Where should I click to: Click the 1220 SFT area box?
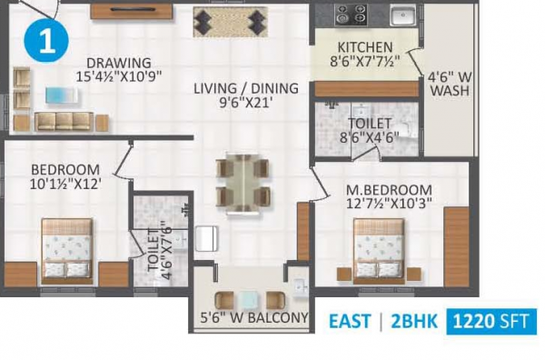[x=491, y=322]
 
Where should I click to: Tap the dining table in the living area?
[x=243, y=182]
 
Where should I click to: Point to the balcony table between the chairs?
[x=243, y=300]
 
